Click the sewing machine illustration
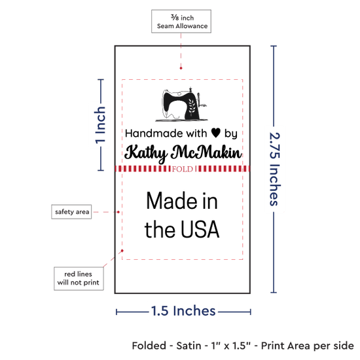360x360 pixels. pos(181,105)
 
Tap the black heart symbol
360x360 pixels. pos(216,133)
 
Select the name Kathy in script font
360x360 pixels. pos(146,153)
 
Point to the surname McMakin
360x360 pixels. pos(206,152)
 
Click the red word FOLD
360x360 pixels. pos(183,170)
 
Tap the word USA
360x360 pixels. pos(200,229)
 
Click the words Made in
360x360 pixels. pos(182,201)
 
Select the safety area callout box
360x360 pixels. pos(71,211)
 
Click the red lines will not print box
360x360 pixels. pos(79,278)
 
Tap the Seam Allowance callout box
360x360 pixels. pos(181,22)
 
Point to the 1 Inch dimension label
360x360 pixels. pos(100,125)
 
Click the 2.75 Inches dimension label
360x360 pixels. pos(275,169)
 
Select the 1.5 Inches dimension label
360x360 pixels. pos(183,311)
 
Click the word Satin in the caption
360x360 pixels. pos(189,346)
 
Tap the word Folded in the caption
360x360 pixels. pos(149,346)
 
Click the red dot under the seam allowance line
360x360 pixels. pos(181,68)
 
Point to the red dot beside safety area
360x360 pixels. pos(118,212)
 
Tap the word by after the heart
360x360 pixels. pos(231,134)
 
